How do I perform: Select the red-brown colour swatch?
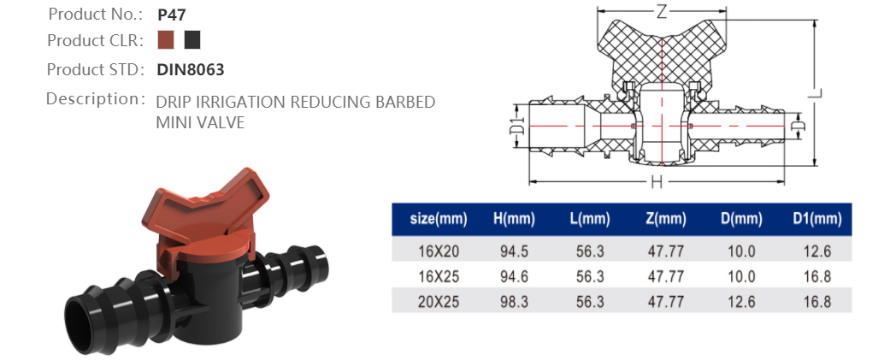click(x=166, y=40)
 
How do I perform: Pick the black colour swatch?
click(x=192, y=40)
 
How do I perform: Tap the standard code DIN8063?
click(x=191, y=69)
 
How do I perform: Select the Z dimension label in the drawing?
click(x=662, y=12)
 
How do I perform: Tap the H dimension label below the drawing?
click(x=656, y=181)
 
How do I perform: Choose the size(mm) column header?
click(x=439, y=220)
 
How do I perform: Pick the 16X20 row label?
click(x=439, y=251)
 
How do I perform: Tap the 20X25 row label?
click(x=439, y=301)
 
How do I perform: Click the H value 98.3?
click(x=514, y=301)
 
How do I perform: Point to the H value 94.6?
click(x=514, y=276)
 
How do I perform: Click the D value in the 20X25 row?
click(x=741, y=301)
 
